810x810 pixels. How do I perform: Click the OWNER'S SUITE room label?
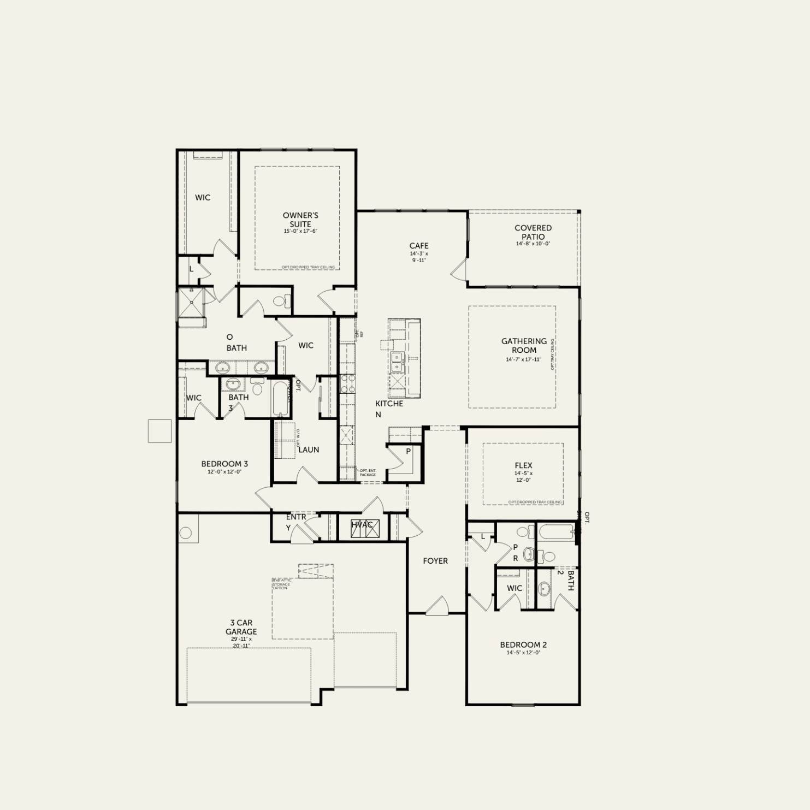pos(300,220)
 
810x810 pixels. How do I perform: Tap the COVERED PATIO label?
pos(533,232)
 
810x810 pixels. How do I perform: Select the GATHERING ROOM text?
pos(524,345)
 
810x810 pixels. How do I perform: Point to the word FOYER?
pos(435,561)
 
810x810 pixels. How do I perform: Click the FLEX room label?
pos(523,465)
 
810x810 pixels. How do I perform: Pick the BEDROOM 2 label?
pos(523,645)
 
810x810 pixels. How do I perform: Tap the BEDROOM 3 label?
pos(224,464)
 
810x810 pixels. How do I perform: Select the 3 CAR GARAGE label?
pos(241,627)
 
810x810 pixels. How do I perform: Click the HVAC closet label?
pos(362,525)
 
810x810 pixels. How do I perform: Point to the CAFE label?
pos(419,246)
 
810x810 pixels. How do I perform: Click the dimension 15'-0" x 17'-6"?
pos(300,231)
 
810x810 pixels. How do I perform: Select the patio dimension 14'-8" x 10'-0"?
pos(533,244)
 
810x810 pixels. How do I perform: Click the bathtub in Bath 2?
pos(556,531)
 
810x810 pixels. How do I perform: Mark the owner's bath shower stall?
pos(191,302)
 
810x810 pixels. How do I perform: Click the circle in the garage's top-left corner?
pos(186,533)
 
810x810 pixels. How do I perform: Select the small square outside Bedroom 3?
pos(159,431)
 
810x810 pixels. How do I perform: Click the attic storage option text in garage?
pos(282,584)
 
